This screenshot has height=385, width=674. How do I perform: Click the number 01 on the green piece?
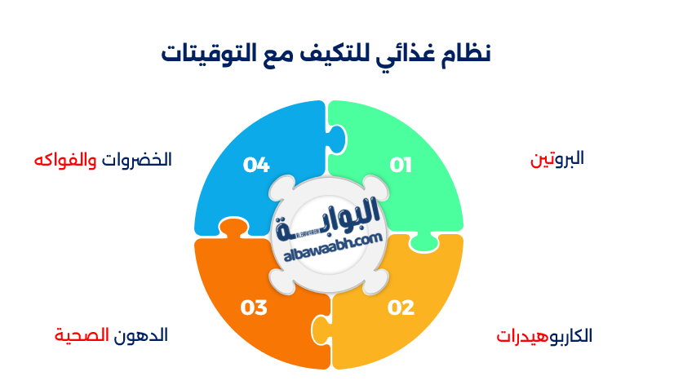coord(401,166)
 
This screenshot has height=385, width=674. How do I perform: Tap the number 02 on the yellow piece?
coord(401,308)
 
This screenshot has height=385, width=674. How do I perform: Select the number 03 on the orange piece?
coord(254,308)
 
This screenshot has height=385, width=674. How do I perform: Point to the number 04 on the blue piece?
coord(256,166)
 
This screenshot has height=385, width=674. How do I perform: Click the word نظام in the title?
coord(465,54)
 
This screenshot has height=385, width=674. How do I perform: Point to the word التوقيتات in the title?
coord(207,54)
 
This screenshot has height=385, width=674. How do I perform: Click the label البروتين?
coord(557,158)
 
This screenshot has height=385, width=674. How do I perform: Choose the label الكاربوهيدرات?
coord(544,336)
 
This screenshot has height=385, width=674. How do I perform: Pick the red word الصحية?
coord(82,334)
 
